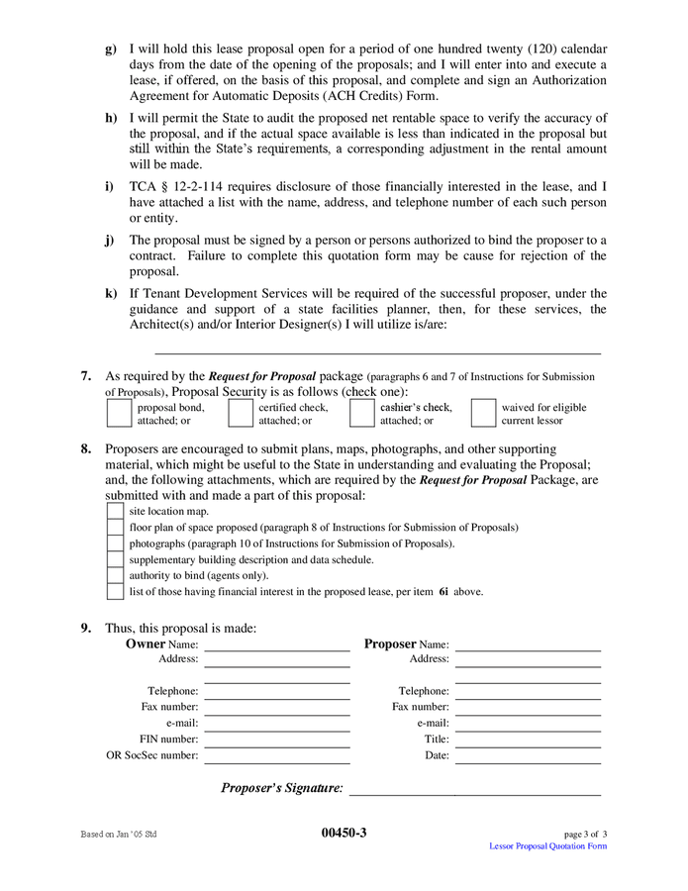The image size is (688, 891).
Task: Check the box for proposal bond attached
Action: click(118, 413)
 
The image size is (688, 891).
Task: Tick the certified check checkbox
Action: click(240, 413)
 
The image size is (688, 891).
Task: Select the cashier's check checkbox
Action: click(361, 413)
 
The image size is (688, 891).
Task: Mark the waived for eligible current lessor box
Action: click(483, 413)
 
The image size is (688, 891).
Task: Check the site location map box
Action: click(115, 511)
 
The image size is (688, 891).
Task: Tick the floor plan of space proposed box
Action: click(115, 528)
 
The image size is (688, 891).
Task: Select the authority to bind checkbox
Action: click(115, 575)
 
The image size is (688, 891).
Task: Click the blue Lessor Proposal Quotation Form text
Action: click(548, 846)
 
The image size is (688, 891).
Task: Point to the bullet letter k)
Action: click(111, 294)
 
